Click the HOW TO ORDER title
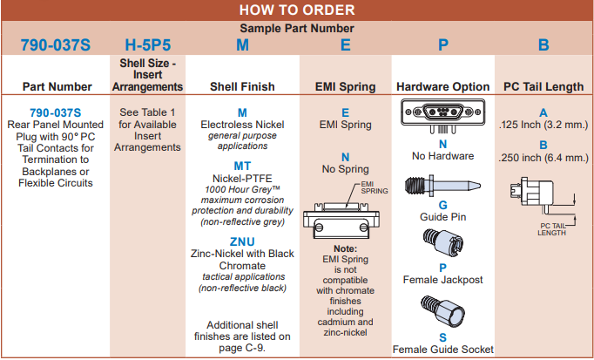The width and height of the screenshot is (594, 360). pyautogui.click(x=297, y=10)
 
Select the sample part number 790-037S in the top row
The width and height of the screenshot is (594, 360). pyautogui.click(x=55, y=44)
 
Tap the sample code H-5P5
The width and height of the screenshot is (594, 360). pyautogui.click(x=147, y=44)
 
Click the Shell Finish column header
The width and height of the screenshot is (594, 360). pyautogui.click(x=242, y=86)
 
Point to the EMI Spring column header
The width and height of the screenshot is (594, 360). pyautogui.click(x=345, y=86)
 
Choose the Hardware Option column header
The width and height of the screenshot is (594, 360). pyautogui.click(x=442, y=86)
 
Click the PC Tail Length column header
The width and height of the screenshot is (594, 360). pyautogui.click(x=543, y=86)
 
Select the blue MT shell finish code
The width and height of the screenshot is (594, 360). pyautogui.click(x=242, y=166)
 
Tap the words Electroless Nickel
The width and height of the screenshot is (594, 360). pyautogui.click(x=242, y=126)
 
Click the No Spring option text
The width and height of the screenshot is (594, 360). pyautogui.click(x=345, y=169)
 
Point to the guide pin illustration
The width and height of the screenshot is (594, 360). pyautogui.click(x=442, y=187)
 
